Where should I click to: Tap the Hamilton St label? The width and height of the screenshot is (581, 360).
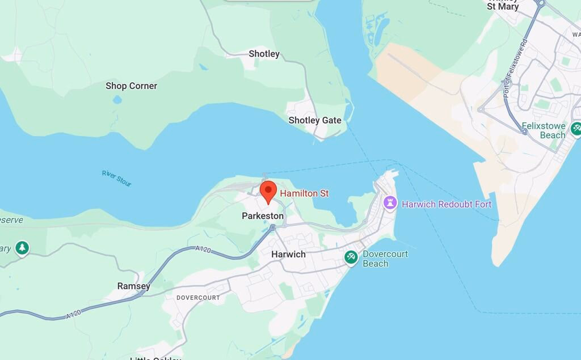(304, 194)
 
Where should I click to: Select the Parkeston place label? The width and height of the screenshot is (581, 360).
(262, 216)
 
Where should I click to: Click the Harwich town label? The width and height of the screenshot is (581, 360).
(288, 255)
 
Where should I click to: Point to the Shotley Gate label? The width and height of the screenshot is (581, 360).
(315, 120)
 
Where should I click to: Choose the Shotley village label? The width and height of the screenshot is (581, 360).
(264, 54)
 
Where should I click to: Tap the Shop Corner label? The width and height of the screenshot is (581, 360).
(131, 86)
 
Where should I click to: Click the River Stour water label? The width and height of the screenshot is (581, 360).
(117, 178)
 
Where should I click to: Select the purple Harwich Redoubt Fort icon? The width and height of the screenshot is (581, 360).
(390, 203)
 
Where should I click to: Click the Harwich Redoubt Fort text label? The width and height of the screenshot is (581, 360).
(447, 204)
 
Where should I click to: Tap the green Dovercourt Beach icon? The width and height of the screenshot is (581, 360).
(351, 258)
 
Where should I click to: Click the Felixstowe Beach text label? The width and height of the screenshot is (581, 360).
(545, 130)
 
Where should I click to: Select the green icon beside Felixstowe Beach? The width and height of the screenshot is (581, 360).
(576, 129)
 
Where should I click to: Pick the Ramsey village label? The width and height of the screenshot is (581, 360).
(134, 286)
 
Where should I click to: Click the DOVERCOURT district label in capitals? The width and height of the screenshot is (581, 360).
(198, 298)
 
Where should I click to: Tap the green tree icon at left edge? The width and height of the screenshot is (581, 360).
(22, 248)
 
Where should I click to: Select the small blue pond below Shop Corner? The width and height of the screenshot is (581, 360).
(117, 100)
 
